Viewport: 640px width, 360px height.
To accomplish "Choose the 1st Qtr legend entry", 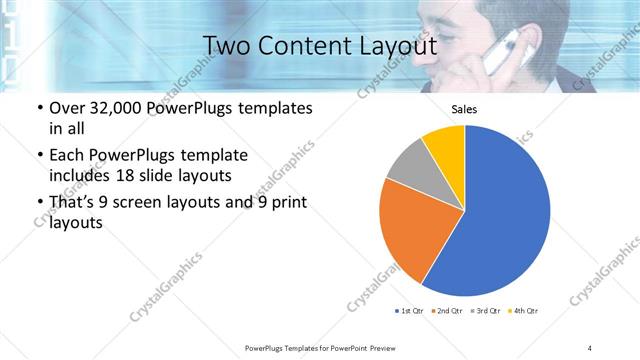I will coord(408,311).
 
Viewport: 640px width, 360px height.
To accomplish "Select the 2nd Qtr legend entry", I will coord(446,311).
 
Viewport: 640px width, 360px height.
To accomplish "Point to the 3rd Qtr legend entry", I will coord(485,311).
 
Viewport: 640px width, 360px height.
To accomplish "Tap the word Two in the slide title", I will coord(224,46).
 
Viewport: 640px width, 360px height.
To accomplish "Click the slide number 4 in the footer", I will coord(590,347).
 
